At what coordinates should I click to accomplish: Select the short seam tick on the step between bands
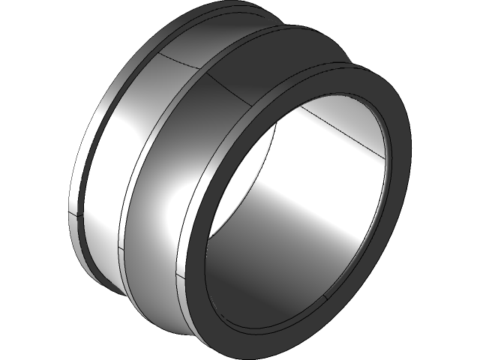[120, 247]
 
